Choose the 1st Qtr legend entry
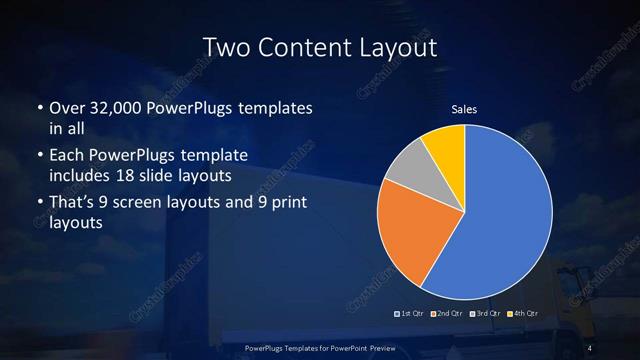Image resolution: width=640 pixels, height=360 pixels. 411,314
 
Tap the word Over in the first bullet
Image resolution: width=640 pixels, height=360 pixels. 67,108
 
